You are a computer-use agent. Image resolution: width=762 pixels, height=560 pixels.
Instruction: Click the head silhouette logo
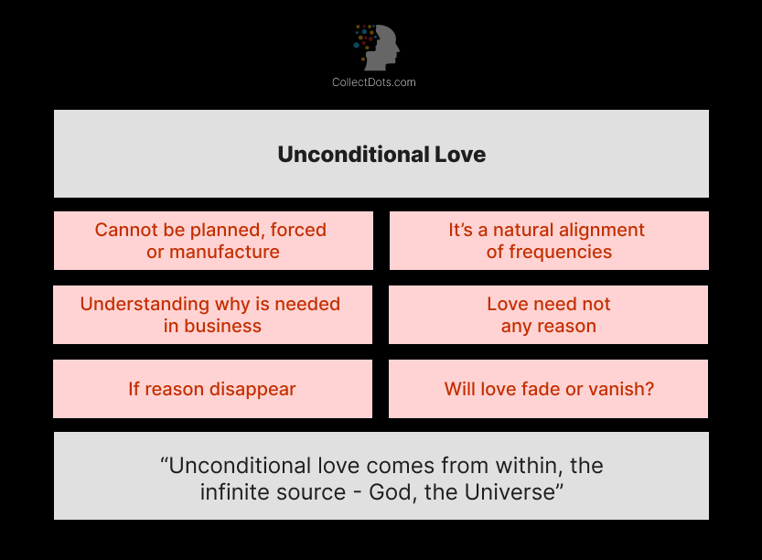[378, 48]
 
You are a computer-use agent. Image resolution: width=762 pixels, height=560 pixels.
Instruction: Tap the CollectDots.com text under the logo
[373, 82]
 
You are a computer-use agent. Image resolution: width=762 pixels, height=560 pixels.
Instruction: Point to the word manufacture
[226, 252]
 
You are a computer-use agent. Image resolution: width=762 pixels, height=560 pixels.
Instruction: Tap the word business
[221, 326]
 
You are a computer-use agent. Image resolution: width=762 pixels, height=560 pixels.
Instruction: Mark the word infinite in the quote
[233, 491]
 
